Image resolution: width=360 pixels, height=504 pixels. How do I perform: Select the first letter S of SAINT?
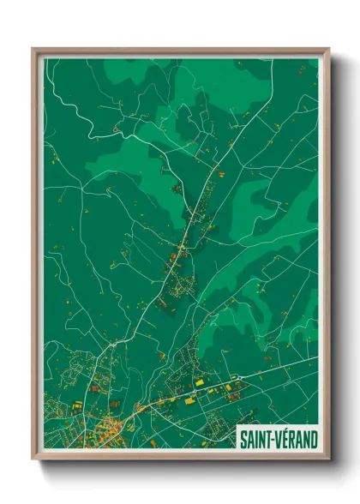pos(243,440)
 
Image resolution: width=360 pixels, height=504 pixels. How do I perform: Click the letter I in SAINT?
pos(255,440)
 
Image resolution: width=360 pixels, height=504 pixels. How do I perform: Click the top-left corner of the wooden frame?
pos(33,49)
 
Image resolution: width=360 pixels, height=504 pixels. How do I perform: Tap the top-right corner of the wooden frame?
pos(328,49)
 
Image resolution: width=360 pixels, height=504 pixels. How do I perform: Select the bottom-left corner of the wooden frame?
pos(33,460)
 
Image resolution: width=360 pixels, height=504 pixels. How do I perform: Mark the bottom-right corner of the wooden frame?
pos(328,460)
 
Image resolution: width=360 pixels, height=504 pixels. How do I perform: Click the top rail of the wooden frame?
pos(180,50)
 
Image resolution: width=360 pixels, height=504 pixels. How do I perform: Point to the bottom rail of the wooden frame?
pos(180,459)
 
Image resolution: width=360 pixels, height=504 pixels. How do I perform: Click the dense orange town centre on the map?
pos(111,425)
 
